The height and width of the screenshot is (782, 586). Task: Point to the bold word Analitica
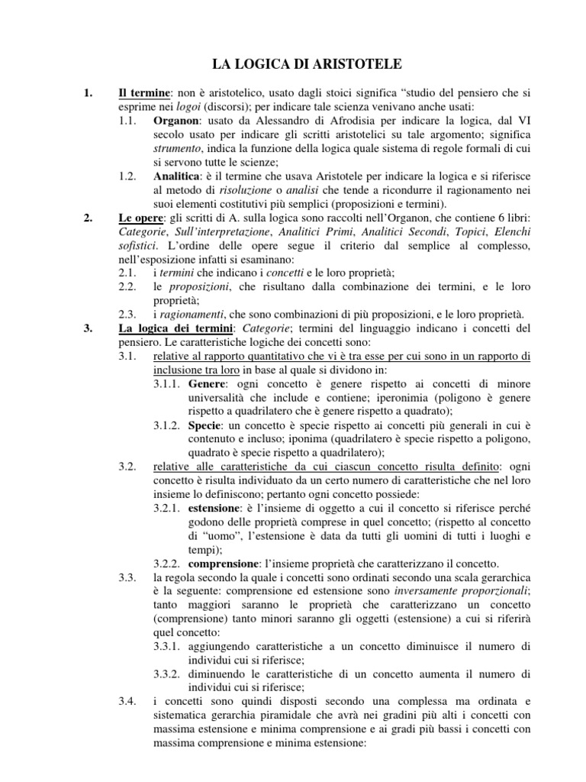pos(178,176)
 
